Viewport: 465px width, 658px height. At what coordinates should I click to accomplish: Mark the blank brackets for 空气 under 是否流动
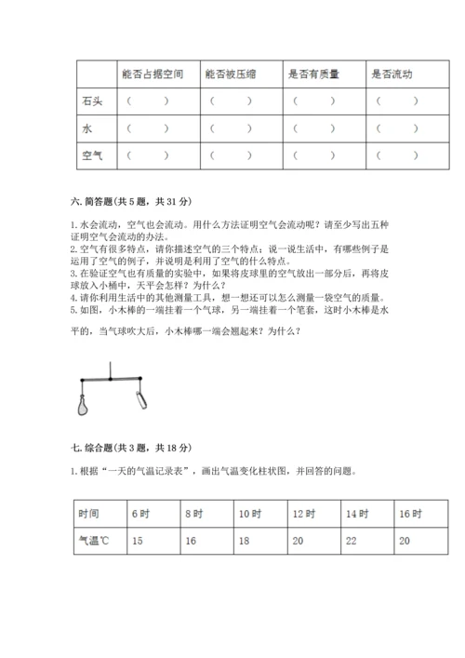pos(397,155)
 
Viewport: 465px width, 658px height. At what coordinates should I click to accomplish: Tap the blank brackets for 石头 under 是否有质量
pos(315,101)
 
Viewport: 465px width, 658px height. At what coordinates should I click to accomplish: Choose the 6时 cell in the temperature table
pos(140,514)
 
